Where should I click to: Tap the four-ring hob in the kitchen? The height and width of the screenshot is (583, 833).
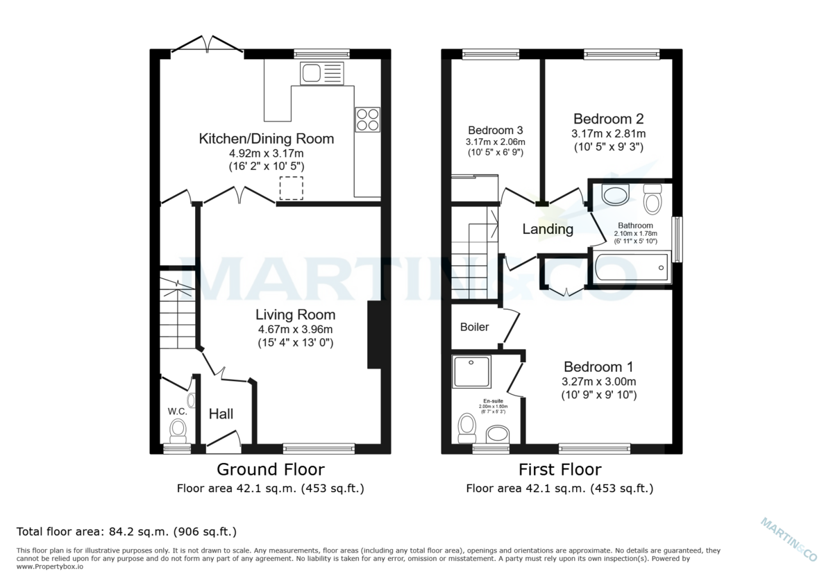pos(367,119)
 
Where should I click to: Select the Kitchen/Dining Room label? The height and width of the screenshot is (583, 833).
pos(266,139)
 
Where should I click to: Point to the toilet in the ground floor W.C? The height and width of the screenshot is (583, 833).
pos(178,428)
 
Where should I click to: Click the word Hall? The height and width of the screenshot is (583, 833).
pos(221,414)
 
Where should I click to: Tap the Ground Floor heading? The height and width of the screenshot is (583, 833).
pos(271,470)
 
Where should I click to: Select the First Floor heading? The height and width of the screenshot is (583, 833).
pos(559,470)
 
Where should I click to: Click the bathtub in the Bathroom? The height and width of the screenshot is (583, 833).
pos(630,267)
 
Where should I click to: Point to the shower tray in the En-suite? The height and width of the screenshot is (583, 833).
pos(471,372)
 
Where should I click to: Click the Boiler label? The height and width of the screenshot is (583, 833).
pos(475,327)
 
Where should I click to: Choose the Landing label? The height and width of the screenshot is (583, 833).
pos(548,229)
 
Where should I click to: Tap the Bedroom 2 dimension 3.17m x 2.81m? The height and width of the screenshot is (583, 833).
pos(609,133)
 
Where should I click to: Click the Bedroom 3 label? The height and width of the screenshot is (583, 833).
pos(495,130)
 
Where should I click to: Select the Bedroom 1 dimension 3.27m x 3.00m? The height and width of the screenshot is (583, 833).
pos(599,381)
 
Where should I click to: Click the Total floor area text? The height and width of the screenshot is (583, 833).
pos(126,532)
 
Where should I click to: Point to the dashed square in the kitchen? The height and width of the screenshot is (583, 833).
pos(291,188)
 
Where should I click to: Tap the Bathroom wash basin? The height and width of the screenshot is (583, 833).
pos(615,195)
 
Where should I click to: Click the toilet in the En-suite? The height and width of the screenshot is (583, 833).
pos(467,426)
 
